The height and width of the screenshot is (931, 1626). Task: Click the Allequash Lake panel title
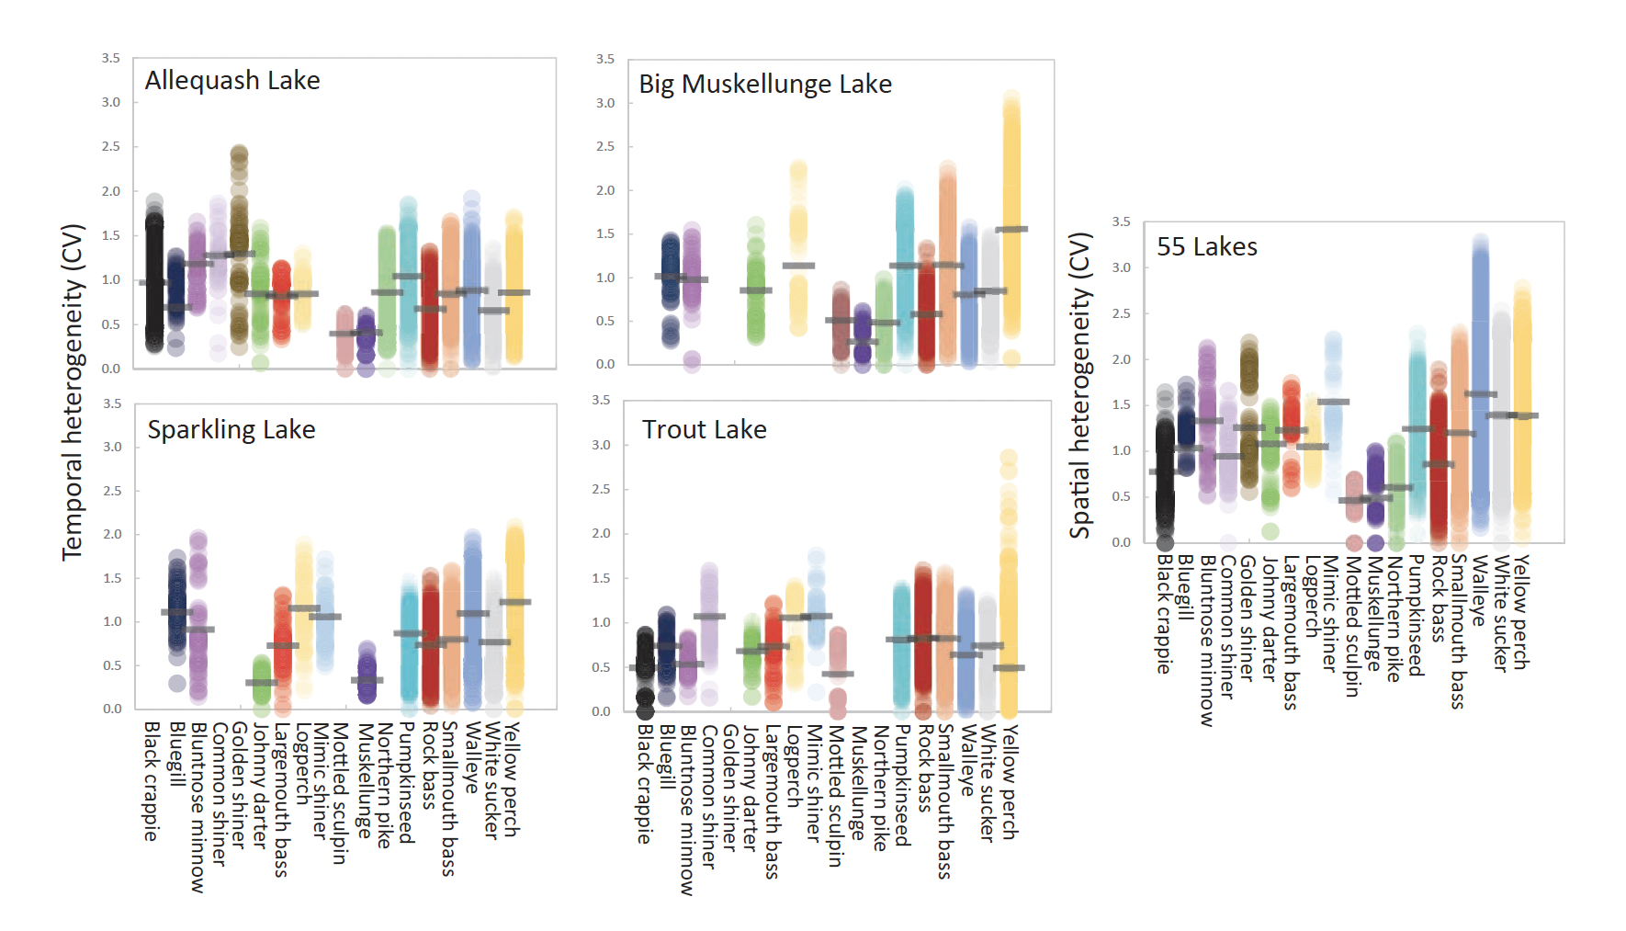click(232, 81)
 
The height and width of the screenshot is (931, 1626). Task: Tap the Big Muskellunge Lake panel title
click(764, 85)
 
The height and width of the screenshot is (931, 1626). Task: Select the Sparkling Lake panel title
click(231, 430)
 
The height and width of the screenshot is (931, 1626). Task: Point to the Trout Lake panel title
click(704, 430)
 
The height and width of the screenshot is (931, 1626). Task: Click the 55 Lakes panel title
click(1206, 247)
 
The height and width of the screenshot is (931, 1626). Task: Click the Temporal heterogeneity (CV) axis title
click(73, 392)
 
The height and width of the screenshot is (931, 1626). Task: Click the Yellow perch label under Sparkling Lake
click(512, 779)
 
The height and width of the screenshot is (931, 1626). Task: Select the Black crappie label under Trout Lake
click(645, 784)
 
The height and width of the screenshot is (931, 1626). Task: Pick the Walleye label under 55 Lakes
click(1479, 591)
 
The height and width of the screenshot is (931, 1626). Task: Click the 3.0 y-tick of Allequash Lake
click(111, 103)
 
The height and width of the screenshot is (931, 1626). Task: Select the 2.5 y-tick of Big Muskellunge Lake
click(605, 147)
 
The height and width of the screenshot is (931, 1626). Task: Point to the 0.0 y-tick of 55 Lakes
click(1122, 543)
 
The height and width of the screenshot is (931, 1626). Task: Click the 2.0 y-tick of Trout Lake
click(602, 534)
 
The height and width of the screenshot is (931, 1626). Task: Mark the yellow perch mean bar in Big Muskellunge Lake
click(1011, 230)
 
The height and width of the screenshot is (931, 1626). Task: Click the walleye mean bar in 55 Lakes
click(1480, 394)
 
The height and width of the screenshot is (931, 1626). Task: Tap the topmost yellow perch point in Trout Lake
click(1009, 458)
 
